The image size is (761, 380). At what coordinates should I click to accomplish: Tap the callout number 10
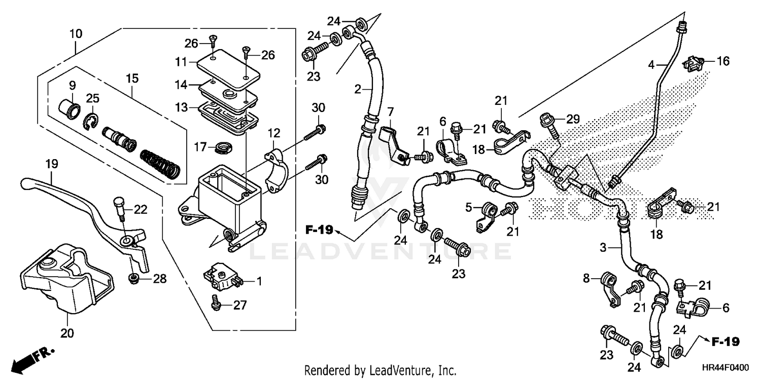coord(76,34)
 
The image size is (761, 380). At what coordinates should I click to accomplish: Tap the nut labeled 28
coord(134,278)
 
